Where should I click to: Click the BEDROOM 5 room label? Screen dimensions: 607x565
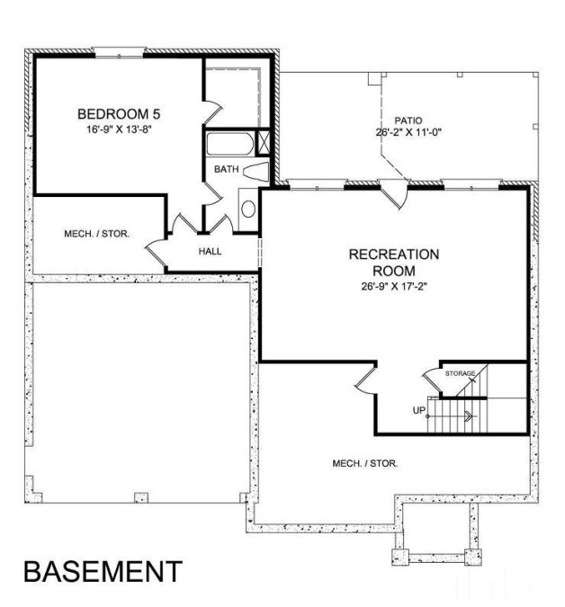119,114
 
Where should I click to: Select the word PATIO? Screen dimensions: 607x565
408,121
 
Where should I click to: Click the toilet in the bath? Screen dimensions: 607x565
256,171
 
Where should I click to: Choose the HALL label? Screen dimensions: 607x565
209,251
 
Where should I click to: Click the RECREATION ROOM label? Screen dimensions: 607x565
394,263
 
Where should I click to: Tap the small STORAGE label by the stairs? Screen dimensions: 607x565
460,372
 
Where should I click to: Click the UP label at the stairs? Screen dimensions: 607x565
418,411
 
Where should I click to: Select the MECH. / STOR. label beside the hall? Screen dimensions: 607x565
96,234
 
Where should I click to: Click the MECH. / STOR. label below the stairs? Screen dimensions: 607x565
364,463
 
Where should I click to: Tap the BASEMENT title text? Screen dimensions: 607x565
102,571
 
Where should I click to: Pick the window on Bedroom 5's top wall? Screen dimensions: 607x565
118,52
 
